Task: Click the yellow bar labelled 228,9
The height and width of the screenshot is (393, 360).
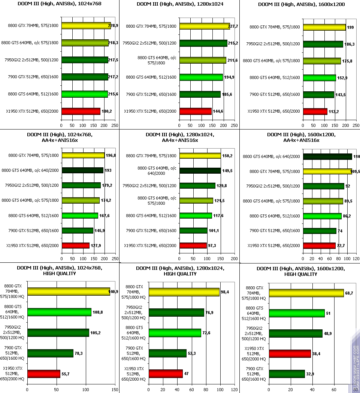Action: (x=86, y=26)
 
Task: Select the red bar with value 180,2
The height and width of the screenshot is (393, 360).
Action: (x=81, y=111)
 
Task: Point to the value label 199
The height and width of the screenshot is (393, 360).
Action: (x=350, y=27)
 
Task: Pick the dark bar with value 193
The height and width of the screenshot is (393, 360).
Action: (x=82, y=170)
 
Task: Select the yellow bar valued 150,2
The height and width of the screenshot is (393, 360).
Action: (x=200, y=155)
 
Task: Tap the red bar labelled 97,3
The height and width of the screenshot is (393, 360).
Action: (x=193, y=246)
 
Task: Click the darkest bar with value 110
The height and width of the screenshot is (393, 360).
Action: (x=327, y=157)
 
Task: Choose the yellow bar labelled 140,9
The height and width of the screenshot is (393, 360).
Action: (x=68, y=292)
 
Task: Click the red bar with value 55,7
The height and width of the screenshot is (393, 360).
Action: (x=43, y=374)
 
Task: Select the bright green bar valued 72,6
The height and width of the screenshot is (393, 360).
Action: (x=175, y=333)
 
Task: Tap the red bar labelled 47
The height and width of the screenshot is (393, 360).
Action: (x=166, y=374)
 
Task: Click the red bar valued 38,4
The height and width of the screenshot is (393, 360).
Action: (x=288, y=353)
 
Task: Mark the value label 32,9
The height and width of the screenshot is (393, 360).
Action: (x=311, y=374)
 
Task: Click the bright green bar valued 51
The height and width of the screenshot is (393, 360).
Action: (x=295, y=313)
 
